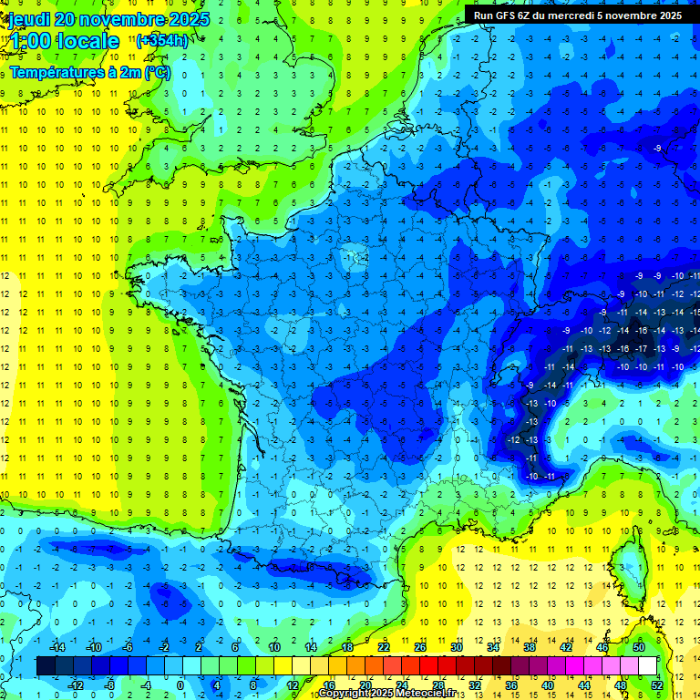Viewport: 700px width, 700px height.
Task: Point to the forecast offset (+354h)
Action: [x=162, y=41]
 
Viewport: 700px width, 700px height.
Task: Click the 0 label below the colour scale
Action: [x=180, y=685]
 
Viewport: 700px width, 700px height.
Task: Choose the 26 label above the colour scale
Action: [x=420, y=646]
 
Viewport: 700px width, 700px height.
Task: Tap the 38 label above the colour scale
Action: [x=530, y=646]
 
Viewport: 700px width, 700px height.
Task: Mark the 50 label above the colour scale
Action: [x=639, y=646]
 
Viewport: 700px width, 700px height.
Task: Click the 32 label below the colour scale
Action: [x=475, y=685]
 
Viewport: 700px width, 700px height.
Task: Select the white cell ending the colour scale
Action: [x=648, y=665]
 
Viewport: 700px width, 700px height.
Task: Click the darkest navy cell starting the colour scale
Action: [x=46, y=665]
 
